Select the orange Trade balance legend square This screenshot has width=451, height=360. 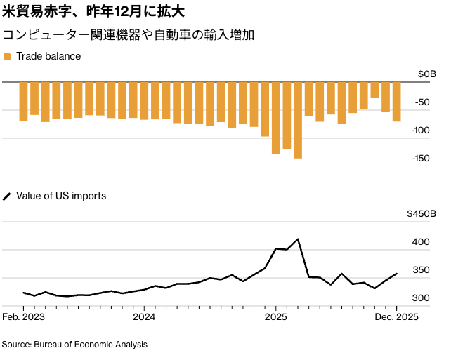point(7,56)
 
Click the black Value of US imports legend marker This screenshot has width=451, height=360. point(7,196)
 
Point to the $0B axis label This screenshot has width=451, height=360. point(426,74)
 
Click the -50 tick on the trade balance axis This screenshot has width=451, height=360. point(422,102)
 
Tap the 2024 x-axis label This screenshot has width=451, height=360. point(144,317)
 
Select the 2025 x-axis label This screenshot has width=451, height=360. point(276,317)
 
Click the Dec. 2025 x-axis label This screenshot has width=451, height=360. point(397,317)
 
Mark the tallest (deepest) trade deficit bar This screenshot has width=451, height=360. point(298,120)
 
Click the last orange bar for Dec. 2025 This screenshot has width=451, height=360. point(396,102)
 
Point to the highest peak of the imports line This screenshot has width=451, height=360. point(298,239)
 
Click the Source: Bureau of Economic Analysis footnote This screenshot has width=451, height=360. point(74,345)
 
